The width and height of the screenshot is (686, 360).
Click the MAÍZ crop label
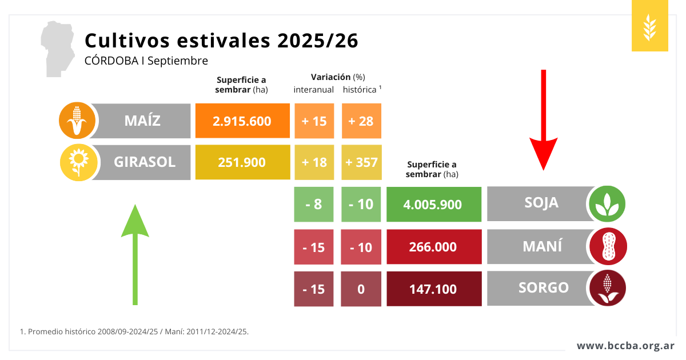click(x=143, y=121)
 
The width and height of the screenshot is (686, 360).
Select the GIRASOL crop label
click(x=144, y=162)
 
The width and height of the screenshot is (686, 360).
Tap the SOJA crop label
click(x=541, y=203)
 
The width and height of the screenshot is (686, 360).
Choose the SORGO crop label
click(x=543, y=287)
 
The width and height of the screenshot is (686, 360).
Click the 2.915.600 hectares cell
click(x=242, y=121)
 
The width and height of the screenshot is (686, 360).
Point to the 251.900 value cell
click(x=242, y=162)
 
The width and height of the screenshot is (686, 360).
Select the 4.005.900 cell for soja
click(x=433, y=204)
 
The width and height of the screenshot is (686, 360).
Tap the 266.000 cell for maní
click(x=433, y=247)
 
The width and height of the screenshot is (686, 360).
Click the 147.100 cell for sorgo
click(x=433, y=289)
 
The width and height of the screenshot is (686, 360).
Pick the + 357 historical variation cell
click(x=361, y=162)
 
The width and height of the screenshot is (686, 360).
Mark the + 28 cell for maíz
click(x=361, y=121)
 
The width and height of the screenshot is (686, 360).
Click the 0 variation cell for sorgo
click(x=361, y=289)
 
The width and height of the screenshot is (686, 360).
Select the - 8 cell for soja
click(x=313, y=204)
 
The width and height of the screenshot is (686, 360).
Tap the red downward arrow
click(x=544, y=120)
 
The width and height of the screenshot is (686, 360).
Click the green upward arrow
click(x=135, y=254)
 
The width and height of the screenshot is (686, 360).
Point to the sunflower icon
click(x=77, y=162)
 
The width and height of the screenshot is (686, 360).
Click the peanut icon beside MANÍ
click(x=608, y=246)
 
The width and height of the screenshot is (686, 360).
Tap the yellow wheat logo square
click(x=650, y=26)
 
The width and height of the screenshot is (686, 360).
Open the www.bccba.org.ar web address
click(x=625, y=346)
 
